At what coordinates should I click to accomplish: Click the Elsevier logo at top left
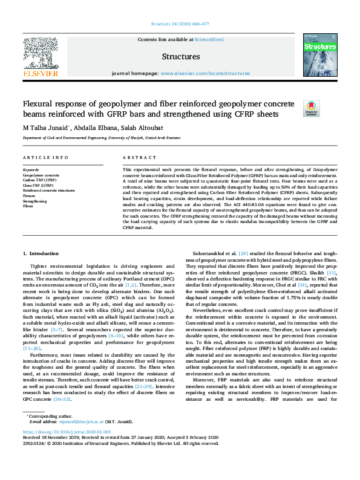point(40,57)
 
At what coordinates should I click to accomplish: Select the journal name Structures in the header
point(180,57)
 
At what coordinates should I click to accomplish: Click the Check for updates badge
point(311,108)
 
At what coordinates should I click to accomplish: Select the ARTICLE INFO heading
point(45,158)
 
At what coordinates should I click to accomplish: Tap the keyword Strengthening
point(34,201)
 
